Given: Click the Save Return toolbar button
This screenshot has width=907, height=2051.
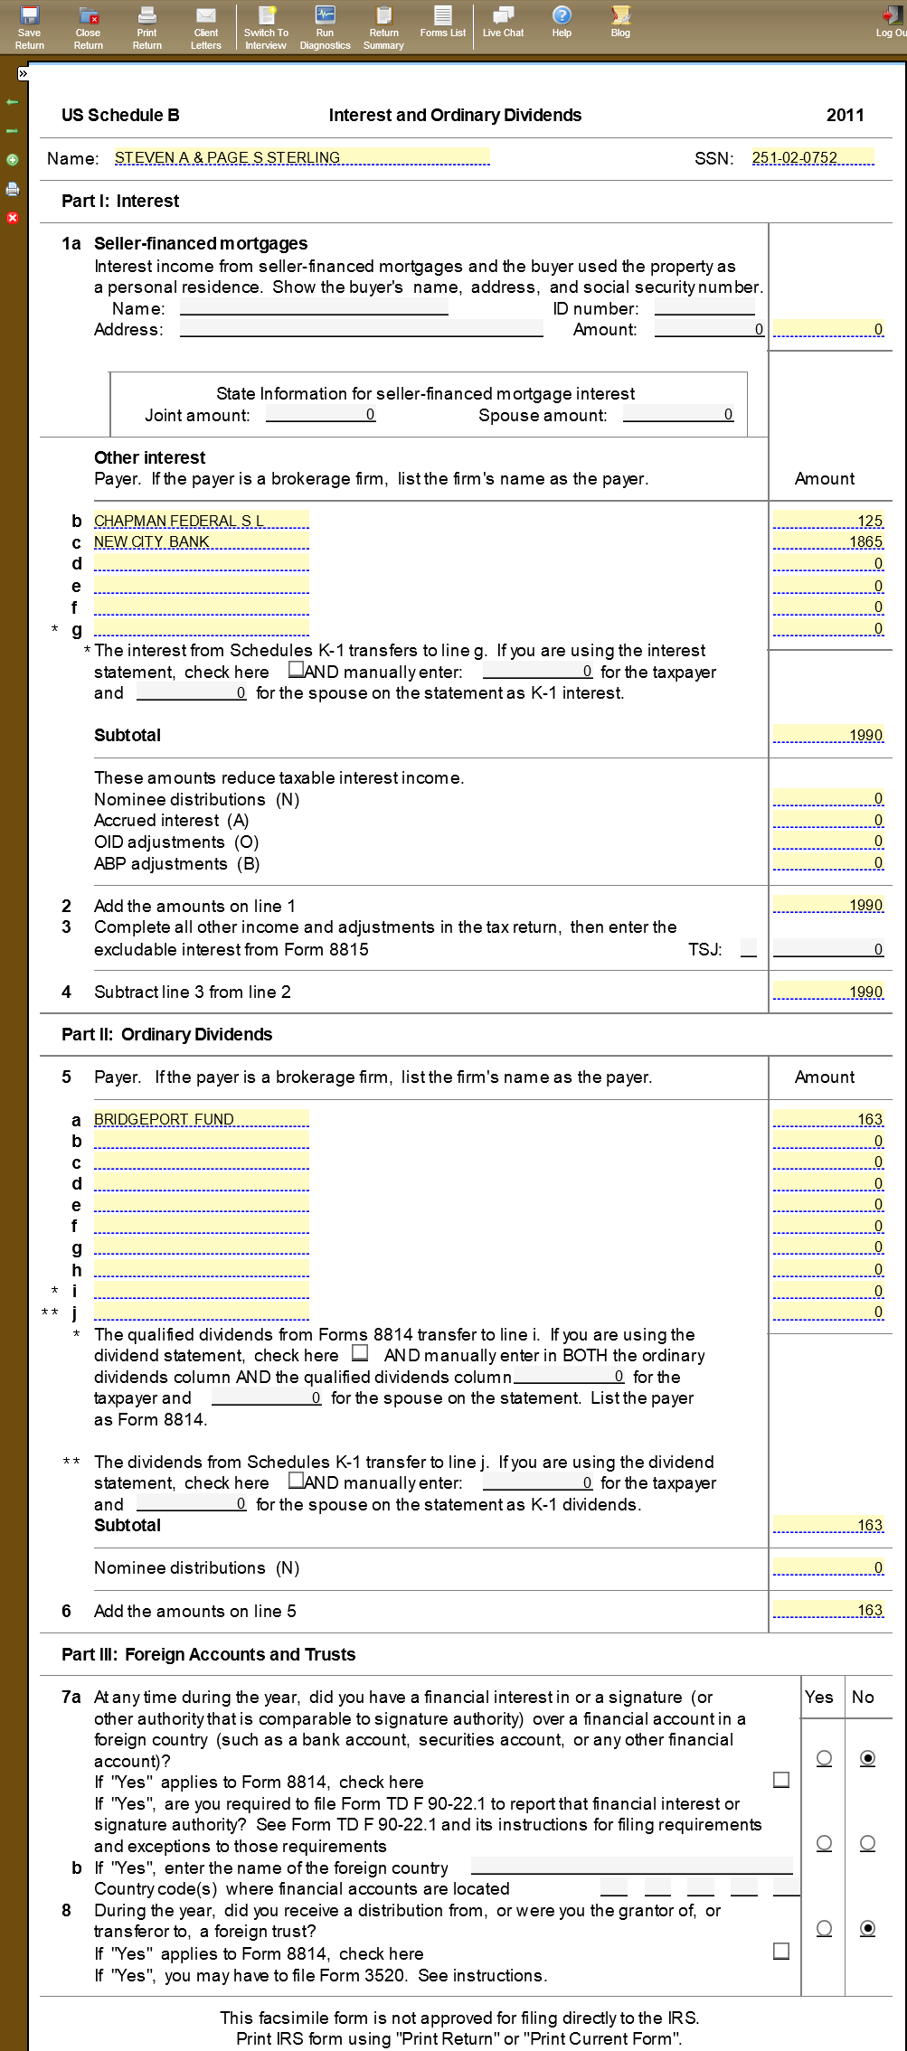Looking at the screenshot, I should coord(29,27).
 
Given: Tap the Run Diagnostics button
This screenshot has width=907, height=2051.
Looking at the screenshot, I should coord(325,27).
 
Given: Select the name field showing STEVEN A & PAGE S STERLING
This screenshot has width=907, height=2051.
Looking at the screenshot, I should coord(301,157).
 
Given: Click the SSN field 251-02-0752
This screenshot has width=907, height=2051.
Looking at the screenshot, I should coord(812,157).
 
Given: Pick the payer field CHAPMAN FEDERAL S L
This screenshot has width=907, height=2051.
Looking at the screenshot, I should coord(201,521).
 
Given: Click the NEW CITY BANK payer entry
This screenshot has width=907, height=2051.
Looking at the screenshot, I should coord(201,541).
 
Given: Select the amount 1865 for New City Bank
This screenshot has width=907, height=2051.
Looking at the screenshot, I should coord(828,541).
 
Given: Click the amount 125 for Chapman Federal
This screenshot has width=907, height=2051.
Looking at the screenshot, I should coord(828,521).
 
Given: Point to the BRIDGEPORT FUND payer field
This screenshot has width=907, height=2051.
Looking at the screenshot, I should coord(201,1119).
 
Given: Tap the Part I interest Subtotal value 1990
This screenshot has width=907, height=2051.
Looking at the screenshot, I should coord(828,735).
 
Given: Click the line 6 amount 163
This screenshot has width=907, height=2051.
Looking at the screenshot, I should coord(828,1610).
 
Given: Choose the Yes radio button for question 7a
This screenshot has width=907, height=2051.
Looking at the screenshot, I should coord(824,1758).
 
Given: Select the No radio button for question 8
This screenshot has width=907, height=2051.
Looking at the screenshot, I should coord(867,1928).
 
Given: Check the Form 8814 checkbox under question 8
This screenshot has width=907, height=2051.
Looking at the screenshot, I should coord(781,1951).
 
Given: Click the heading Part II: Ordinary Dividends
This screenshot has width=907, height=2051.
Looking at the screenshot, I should coord(166,1034).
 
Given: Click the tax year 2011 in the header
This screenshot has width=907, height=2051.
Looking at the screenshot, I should coord(845,115).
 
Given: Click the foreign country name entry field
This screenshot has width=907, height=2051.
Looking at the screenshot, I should coord(631,1867).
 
